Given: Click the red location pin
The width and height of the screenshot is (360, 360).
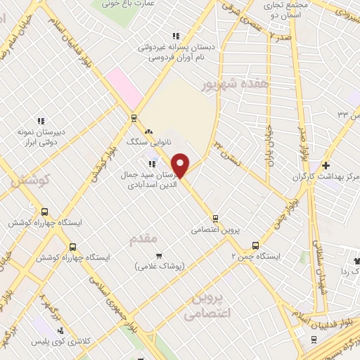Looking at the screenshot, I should [181, 166].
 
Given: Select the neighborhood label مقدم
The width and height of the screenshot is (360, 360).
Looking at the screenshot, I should [144, 240].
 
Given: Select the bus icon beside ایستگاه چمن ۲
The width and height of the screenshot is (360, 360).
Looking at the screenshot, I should [255, 246].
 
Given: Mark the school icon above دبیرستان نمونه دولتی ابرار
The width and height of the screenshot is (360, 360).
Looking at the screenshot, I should [41, 121].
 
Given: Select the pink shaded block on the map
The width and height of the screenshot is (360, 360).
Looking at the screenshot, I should [127, 89].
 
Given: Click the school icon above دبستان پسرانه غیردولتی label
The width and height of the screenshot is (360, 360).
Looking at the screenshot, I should [176, 36].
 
